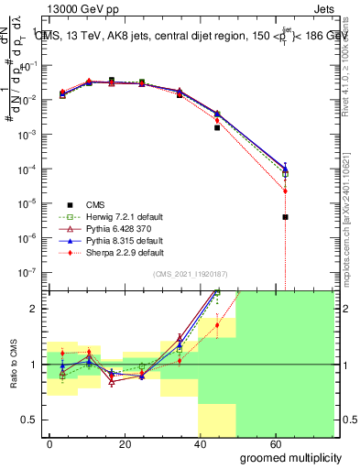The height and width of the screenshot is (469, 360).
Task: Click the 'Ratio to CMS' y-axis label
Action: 12,365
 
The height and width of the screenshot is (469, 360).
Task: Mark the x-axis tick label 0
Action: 50,443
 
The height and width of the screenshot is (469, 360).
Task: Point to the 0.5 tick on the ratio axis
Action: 29,420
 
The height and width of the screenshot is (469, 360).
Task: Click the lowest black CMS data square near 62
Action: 286,217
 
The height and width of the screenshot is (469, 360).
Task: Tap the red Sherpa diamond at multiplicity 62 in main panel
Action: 286,191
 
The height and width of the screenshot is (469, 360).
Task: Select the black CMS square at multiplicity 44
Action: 217,127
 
